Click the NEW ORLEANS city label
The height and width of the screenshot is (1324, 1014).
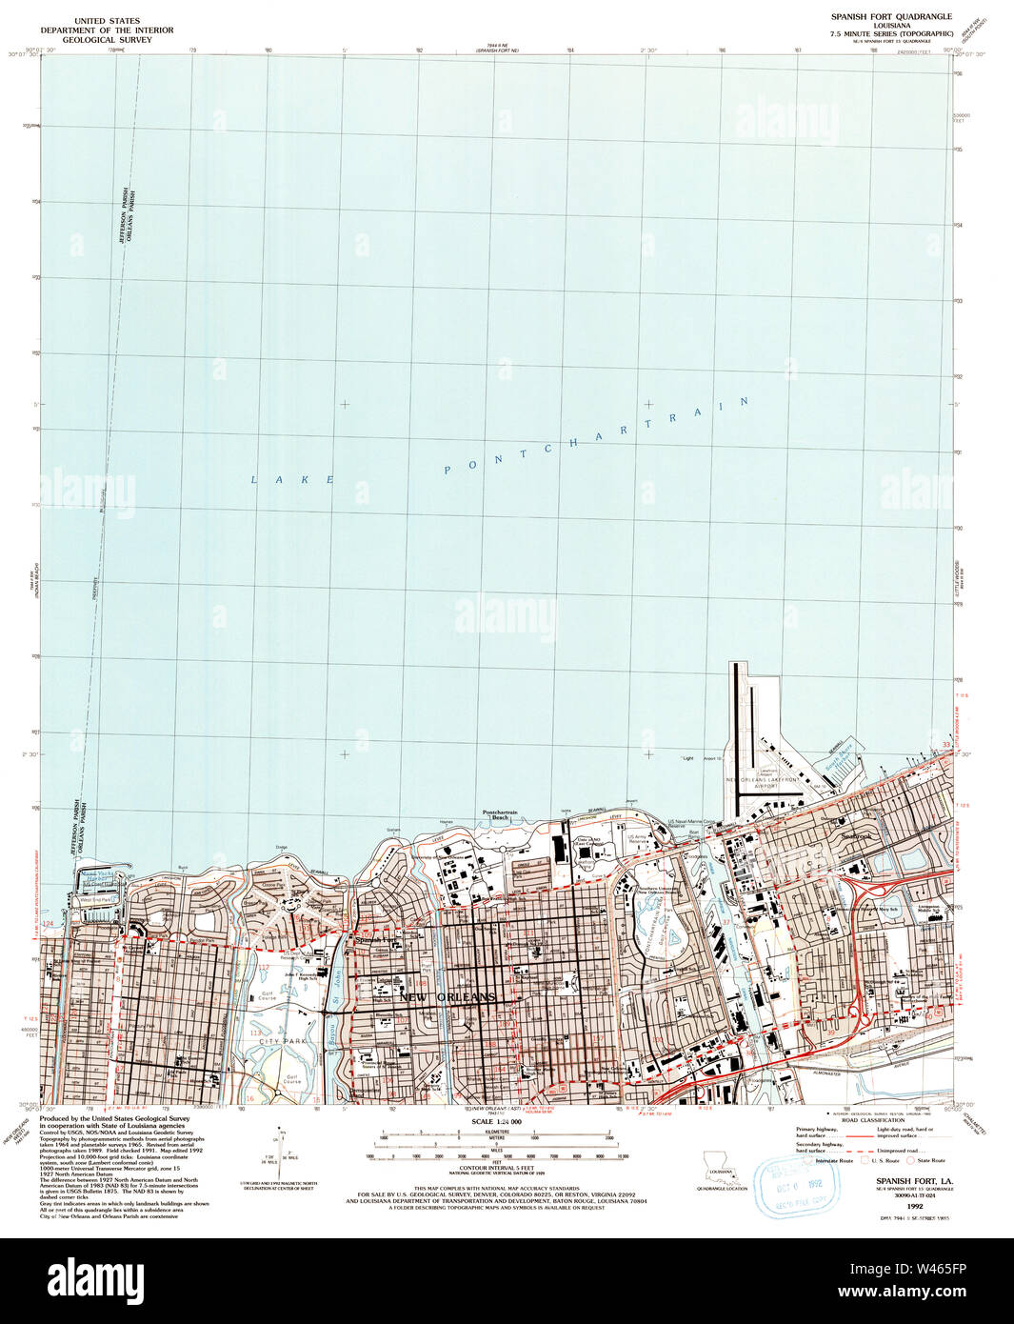(447, 996)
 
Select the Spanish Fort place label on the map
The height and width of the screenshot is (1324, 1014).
(373, 940)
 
